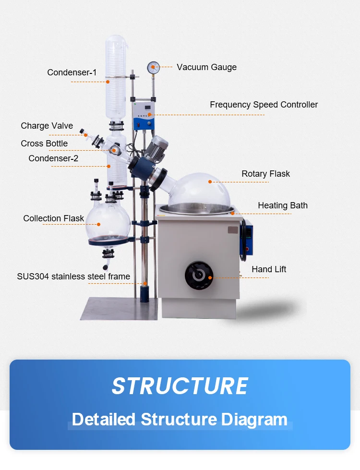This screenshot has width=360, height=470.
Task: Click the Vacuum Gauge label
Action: [206, 67]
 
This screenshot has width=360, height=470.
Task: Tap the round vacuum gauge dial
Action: [154, 67]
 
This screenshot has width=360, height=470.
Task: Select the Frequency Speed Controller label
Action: [264, 105]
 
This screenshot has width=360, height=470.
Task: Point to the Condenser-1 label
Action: [72, 72]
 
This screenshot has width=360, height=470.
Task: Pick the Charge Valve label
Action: [47, 126]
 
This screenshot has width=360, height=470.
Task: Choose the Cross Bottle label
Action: [44, 144]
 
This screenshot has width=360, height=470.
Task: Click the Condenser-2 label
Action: [53, 158]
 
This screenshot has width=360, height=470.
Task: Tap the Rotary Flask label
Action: [265, 174]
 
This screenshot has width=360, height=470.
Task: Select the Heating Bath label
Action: [282, 205]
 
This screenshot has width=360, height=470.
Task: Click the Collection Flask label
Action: [53, 218]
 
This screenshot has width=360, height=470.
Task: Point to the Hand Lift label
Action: [269, 269]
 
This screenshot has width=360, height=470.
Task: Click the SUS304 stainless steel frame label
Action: [73, 277]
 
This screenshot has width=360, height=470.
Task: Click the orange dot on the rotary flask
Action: [210, 181]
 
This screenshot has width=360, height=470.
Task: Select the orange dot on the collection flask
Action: [99, 224]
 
